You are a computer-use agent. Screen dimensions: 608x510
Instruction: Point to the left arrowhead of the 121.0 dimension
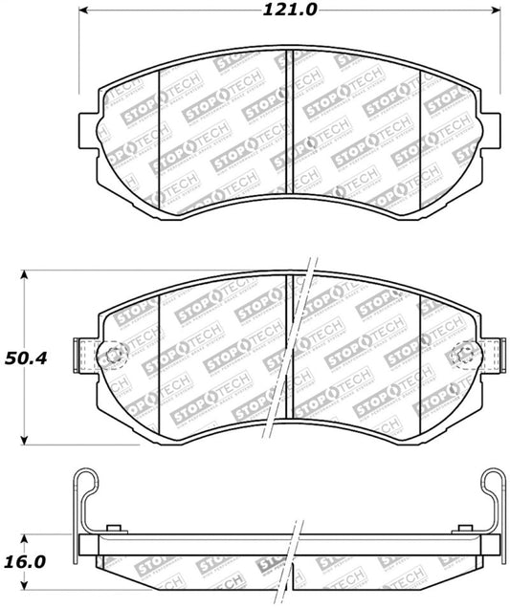point(81,11)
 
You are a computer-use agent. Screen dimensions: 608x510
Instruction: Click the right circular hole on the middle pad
point(466,358)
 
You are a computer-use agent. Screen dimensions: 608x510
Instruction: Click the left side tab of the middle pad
point(83,358)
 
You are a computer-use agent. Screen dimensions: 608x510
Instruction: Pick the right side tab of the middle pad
point(494,358)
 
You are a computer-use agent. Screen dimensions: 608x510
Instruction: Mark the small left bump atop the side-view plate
point(114,529)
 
